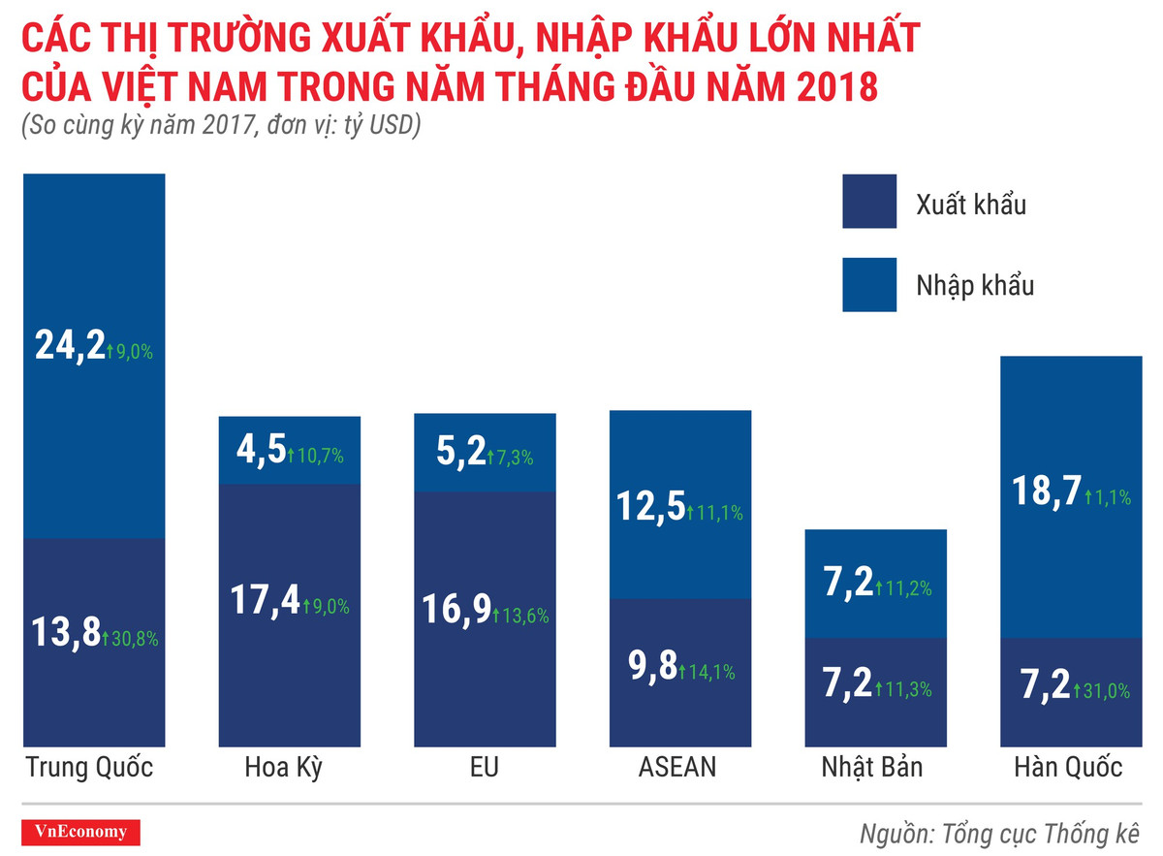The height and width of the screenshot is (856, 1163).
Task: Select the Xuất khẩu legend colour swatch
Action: coord(869,202)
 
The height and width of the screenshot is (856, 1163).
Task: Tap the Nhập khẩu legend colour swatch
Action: coord(869,285)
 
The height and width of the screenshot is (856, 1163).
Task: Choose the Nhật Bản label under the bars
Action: coord(872,768)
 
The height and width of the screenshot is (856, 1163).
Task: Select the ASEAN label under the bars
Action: coord(677,768)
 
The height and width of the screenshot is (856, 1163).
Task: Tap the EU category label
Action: coord(484,768)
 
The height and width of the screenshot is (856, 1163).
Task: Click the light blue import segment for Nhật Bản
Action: coord(874,553)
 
